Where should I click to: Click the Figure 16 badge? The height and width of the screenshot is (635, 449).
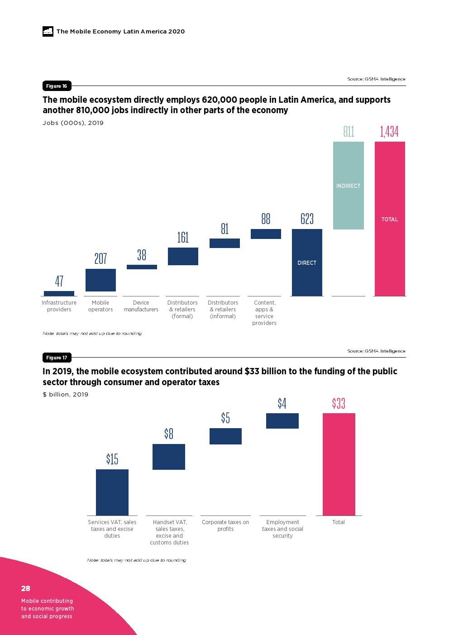(57, 86)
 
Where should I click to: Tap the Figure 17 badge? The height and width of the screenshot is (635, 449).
(57, 358)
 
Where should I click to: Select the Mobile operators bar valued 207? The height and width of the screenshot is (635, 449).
(100, 280)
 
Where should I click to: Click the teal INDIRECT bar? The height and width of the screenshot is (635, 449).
(349, 186)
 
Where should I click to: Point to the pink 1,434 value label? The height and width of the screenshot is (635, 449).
(389, 132)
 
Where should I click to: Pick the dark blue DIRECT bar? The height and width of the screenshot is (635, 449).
(307, 263)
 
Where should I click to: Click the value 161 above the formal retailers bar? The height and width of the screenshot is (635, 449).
(183, 238)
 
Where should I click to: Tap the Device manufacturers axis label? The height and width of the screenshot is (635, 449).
(141, 306)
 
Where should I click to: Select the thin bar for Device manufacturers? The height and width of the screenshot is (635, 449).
(142, 267)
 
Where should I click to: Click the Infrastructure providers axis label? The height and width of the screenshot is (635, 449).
(59, 306)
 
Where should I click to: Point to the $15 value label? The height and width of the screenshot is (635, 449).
(112, 459)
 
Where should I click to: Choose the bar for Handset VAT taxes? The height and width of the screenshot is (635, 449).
(169, 457)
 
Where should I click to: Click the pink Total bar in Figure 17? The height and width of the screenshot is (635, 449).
(339, 464)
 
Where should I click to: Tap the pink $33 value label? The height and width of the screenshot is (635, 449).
(339, 403)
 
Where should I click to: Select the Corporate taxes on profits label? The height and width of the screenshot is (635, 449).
(225, 525)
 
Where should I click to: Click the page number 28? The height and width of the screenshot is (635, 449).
(26, 588)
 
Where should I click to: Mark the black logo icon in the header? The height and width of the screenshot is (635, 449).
(48, 31)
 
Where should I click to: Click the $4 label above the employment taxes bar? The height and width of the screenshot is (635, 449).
(282, 403)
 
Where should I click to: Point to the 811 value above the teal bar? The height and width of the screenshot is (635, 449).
(349, 132)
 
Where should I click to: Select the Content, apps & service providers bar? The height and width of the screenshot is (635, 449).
(266, 234)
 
